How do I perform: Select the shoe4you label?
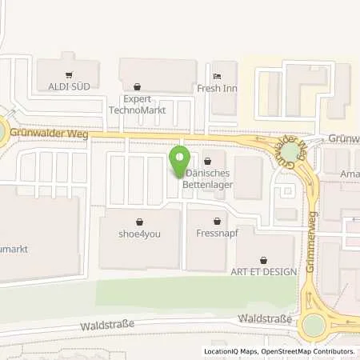pyautogui.click(x=140, y=234)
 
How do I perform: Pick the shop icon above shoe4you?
pyautogui.click(x=140, y=222)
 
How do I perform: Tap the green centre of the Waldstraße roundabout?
pyautogui.click(x=314, y=324)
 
